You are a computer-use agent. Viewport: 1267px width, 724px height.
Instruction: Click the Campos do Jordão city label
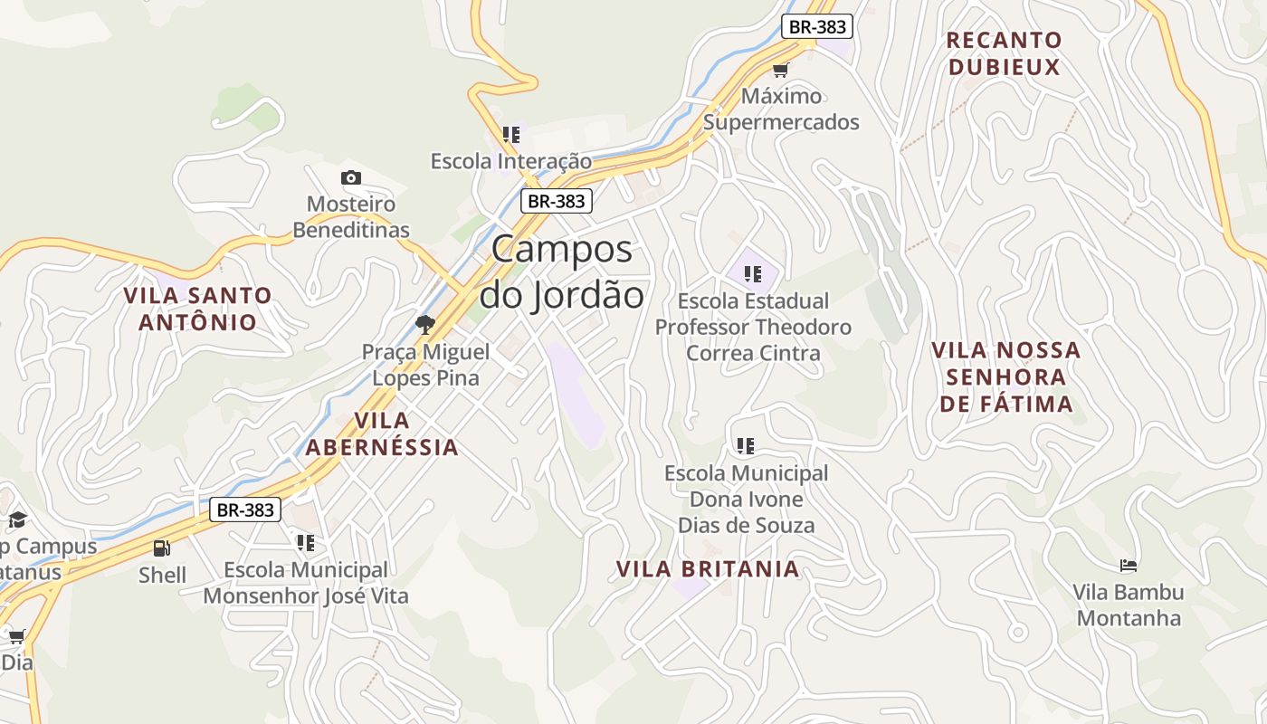[561, 271]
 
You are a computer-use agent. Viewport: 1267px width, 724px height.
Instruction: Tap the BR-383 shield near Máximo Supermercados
[817, 26]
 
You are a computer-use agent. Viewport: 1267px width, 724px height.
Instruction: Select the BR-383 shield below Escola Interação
[556, 201]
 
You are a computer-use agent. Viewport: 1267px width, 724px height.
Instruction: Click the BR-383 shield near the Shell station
[245, 510]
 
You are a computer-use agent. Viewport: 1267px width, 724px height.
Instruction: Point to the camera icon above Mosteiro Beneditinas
[351, 177]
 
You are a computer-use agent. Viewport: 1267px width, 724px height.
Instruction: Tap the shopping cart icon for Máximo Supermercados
[780, 70]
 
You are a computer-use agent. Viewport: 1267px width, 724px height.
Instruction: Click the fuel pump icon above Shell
[162, 548]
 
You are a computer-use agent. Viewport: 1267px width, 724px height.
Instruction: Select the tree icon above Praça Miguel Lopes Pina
[424, 324]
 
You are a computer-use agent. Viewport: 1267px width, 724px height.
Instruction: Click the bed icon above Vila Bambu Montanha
[1128, 566]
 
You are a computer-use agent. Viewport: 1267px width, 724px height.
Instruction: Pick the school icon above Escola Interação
[511, 135]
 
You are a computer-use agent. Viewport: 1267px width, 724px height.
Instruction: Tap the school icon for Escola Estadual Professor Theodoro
[753, 273]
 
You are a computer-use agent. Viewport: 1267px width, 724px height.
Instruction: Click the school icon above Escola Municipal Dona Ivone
[746, 445]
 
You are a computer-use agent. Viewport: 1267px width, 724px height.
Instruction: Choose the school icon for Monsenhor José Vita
[306, 543]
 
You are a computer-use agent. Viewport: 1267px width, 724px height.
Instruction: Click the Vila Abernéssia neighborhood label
[382, 433]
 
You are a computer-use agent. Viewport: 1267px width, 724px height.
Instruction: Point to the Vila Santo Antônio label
[197, 309]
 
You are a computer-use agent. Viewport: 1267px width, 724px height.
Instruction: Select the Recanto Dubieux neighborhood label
[1004, 53]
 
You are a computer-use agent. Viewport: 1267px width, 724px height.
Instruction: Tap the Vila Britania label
[708, 569]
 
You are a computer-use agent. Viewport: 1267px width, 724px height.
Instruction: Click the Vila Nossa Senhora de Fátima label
[1006, 376]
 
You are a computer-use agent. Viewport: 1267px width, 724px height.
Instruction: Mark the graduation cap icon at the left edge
[17, 519]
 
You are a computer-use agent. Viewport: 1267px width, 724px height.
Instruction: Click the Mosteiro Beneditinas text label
[351, 217]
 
